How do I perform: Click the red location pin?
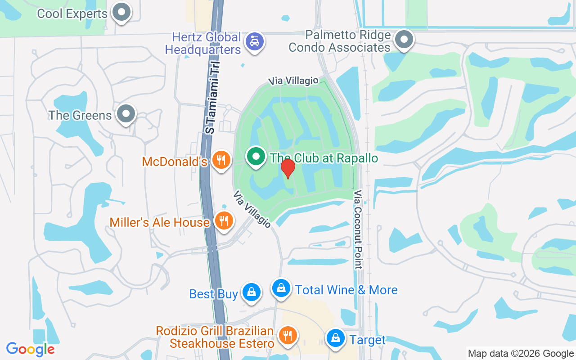pos(288,168)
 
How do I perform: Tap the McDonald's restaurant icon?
pos(220,160)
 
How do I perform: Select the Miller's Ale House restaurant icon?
pos(224,220)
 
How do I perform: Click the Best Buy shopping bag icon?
pos(251,292)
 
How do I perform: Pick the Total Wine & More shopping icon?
pos(281,288)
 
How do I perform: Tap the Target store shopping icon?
pos(335,338)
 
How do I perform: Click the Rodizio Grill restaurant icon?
pos(287,335)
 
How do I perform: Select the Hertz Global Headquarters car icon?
pos(255,42)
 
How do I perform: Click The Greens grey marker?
pos(126,114)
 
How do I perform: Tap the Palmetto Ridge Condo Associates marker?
pos(404,40)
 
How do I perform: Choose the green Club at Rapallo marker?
pos(256,157)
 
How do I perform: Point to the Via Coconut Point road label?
pos(358,229)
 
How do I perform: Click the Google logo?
pos(31,349)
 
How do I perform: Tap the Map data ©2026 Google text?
pos(521,354)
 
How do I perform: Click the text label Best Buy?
pos(213,294)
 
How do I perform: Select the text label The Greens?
pos(80,115)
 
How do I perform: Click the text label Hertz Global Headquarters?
pos(203,43)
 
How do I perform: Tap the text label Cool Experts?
pos(72,13)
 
